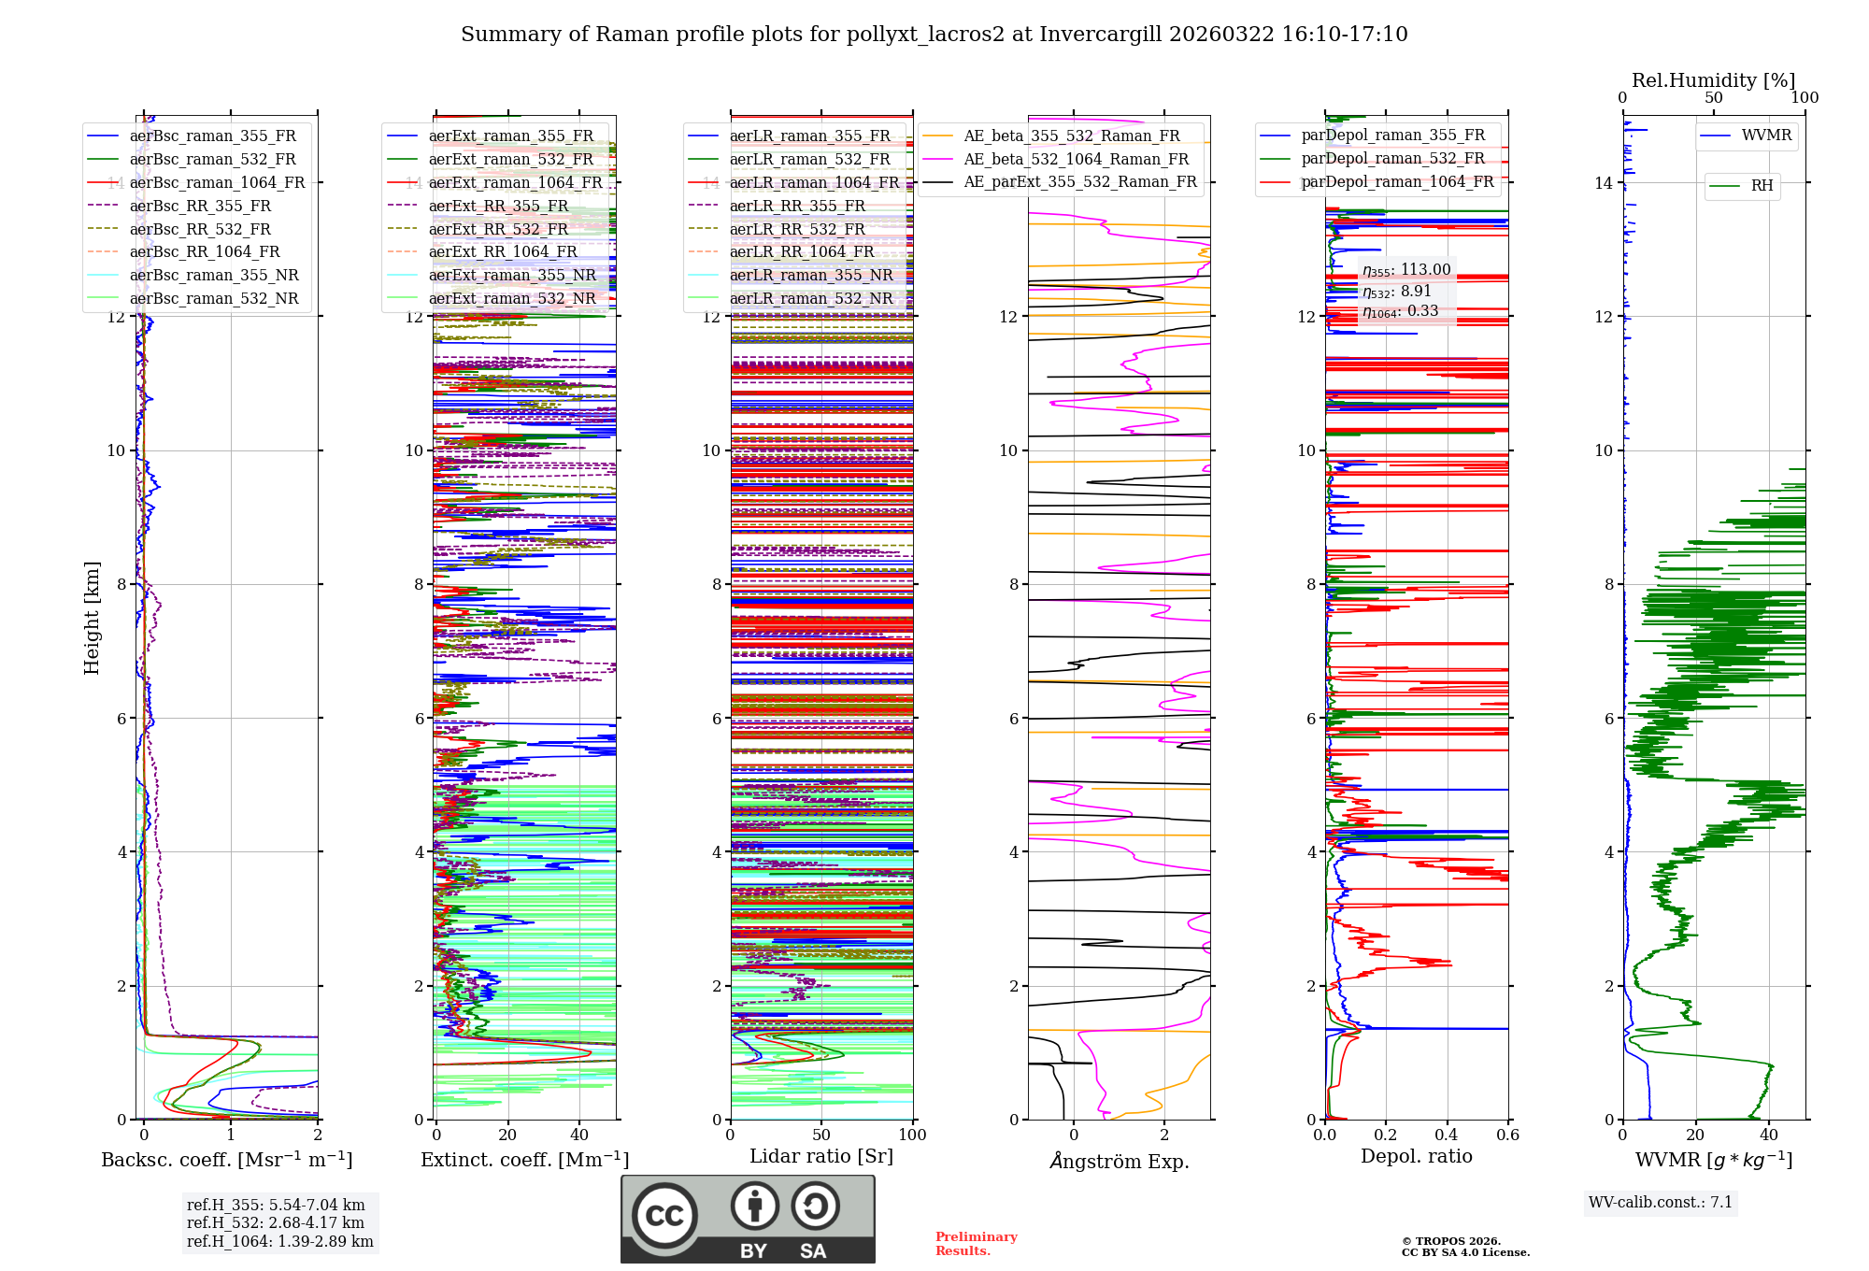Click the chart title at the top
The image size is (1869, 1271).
934,35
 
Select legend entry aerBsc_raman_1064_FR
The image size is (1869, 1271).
217,182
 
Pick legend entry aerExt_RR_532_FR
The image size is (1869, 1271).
498,229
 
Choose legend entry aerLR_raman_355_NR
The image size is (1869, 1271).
810,275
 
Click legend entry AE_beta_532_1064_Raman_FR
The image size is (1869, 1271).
1076,159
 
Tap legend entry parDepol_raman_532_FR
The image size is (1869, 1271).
1392,159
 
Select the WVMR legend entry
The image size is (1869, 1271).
1765,136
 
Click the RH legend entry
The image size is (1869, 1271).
1762,186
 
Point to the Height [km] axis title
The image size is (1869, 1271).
92,618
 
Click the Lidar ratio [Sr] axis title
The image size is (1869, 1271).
821,1156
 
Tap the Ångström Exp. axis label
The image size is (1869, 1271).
1119,1161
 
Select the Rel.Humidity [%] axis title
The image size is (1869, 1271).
1713,80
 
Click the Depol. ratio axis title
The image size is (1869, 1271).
1416,1156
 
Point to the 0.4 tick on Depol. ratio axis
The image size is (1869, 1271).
1447,1135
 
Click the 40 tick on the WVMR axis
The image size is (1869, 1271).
1769,1135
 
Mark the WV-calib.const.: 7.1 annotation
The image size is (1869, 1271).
1661,1202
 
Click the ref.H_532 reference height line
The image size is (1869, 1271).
275,1222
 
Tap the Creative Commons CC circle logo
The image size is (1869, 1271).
664,1216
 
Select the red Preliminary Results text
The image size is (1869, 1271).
976,1243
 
